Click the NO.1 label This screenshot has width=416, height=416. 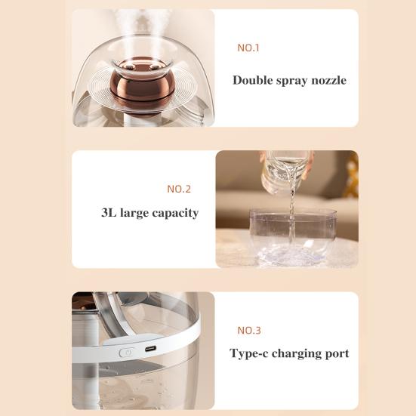[248, 48]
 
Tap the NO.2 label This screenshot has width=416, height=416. [178, 189]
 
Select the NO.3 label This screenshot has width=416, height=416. [249, 330]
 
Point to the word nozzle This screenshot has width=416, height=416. [326, 80]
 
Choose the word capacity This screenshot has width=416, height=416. [174, 214]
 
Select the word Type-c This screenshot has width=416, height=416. [250, 353]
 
